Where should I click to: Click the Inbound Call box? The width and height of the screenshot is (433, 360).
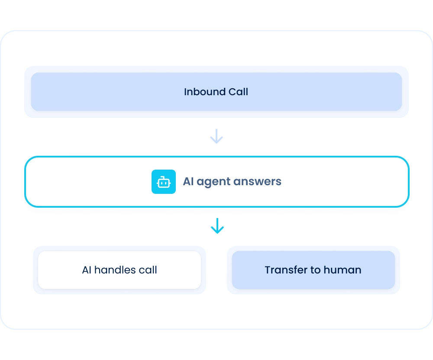click(x=216, y=92)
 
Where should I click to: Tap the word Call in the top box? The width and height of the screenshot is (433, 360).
click(x=238, y=92)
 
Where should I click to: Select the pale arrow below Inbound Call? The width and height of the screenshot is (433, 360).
click(x=216, y=136)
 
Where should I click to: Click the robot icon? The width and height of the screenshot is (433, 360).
click(x=164, y=182)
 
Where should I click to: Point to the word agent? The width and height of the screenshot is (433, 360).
click(x=213, y=182)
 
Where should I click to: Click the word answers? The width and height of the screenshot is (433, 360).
click(x=257, y=182)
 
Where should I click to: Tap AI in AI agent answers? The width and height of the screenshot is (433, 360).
click(x=188, y=181)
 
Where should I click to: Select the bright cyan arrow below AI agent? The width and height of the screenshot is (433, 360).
click(x=217, y=226)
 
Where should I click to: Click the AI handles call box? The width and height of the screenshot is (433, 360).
click(x=120, y=270)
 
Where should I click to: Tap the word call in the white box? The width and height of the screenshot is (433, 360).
click(x=148, y=270)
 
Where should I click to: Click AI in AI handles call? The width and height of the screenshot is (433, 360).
click(x=87, y=270)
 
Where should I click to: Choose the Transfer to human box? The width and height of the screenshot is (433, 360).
click(x=313, y=270)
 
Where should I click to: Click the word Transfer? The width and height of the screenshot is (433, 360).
click(x=286, y=270)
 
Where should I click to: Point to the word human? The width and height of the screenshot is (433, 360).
click(x=343, y=270)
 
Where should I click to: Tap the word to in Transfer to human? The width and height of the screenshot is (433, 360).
click(x=315, y=270)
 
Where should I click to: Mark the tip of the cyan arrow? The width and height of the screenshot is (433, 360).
click(x=217, y=233)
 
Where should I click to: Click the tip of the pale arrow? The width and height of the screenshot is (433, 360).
click(x=216, y=144)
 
